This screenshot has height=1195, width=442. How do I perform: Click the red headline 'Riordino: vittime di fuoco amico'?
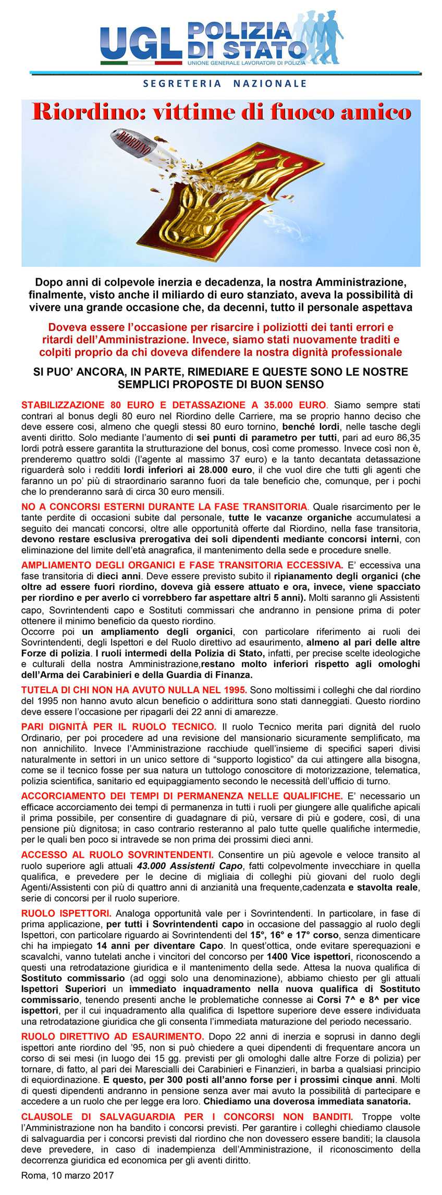click(222, 113)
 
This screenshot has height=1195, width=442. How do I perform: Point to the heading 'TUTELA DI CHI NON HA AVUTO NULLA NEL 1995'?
click(134, 689)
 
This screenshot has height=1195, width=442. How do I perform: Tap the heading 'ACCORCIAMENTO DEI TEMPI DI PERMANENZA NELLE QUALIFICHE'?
click(181, 796)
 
